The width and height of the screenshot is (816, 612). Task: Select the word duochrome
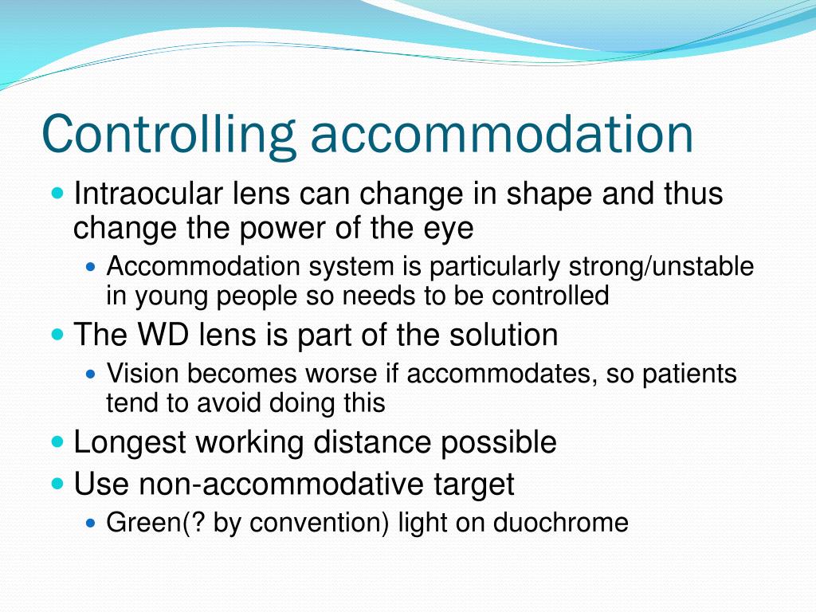(561, 523)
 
